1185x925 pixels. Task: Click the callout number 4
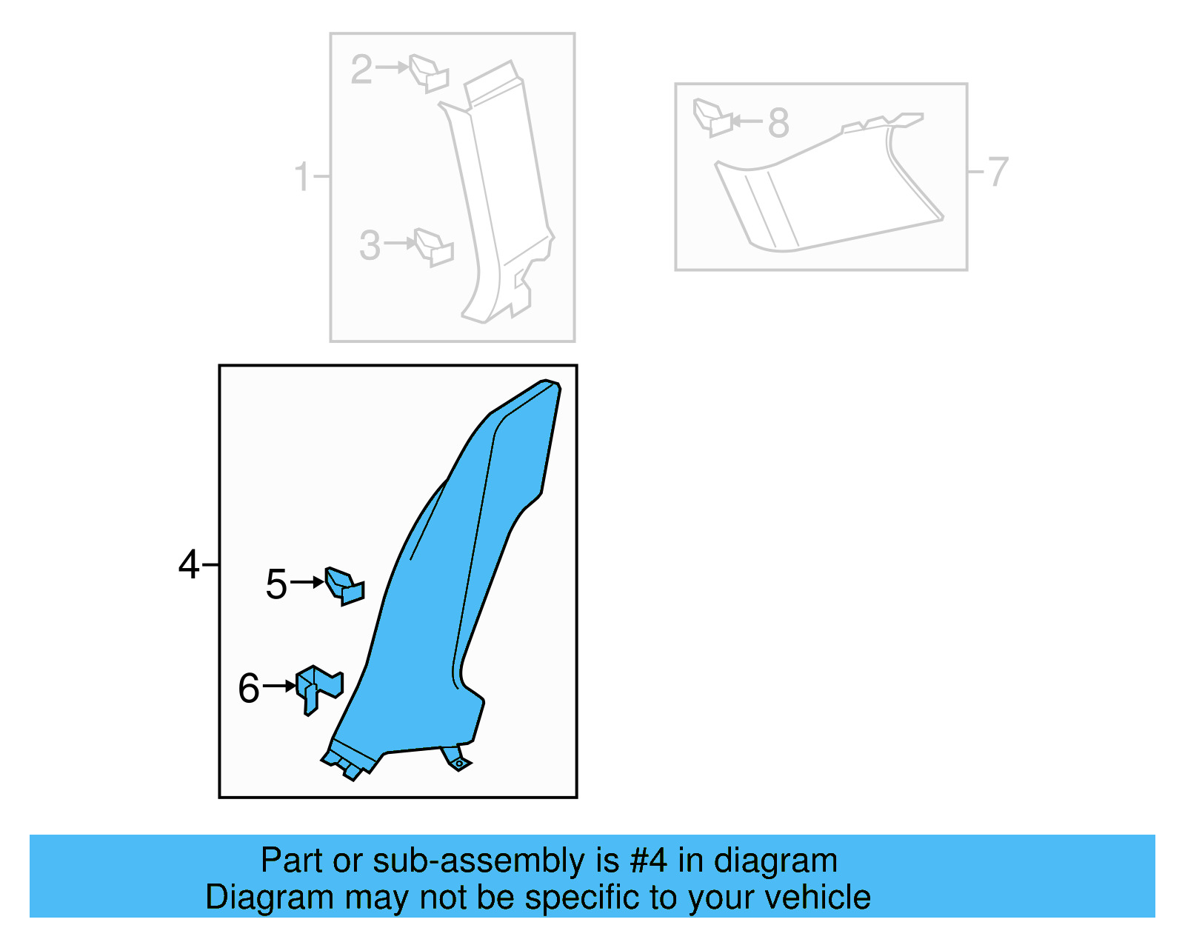(189, 565)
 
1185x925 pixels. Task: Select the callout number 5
(276, 584)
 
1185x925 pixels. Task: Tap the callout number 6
(249, 688)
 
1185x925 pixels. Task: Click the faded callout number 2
(361, 70)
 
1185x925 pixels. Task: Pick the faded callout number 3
(370, 245)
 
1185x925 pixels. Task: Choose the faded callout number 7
(998, 172)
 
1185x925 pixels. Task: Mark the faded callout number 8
(778, 123)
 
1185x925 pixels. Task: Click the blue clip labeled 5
(345, 586)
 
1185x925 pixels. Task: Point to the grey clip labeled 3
(434, 247)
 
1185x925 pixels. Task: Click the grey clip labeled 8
(712, 118)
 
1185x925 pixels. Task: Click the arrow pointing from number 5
(307, 582)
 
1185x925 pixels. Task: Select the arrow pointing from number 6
(280, 687)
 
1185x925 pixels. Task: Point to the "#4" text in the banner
(649, 861)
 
